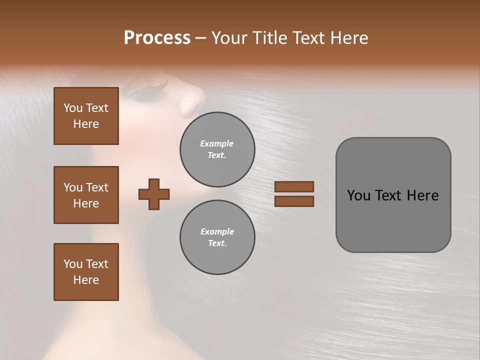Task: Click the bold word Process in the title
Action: [157, 38]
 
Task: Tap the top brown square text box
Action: [86, 116]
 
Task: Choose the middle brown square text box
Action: [86, 195]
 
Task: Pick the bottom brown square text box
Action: [86, 272]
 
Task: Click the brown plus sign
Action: [154, 194]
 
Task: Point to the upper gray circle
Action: [217, 149]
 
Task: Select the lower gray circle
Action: [217, 237]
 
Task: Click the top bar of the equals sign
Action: [294, 186]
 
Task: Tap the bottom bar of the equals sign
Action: [294, 201]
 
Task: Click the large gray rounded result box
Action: [393, 194]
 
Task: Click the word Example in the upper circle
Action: [217, 143]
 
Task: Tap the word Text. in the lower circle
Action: [217, 243]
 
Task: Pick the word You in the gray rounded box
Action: [358, 195]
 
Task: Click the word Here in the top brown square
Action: [86, 124]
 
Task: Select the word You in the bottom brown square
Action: [73, 264]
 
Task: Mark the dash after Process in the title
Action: [201, 38]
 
